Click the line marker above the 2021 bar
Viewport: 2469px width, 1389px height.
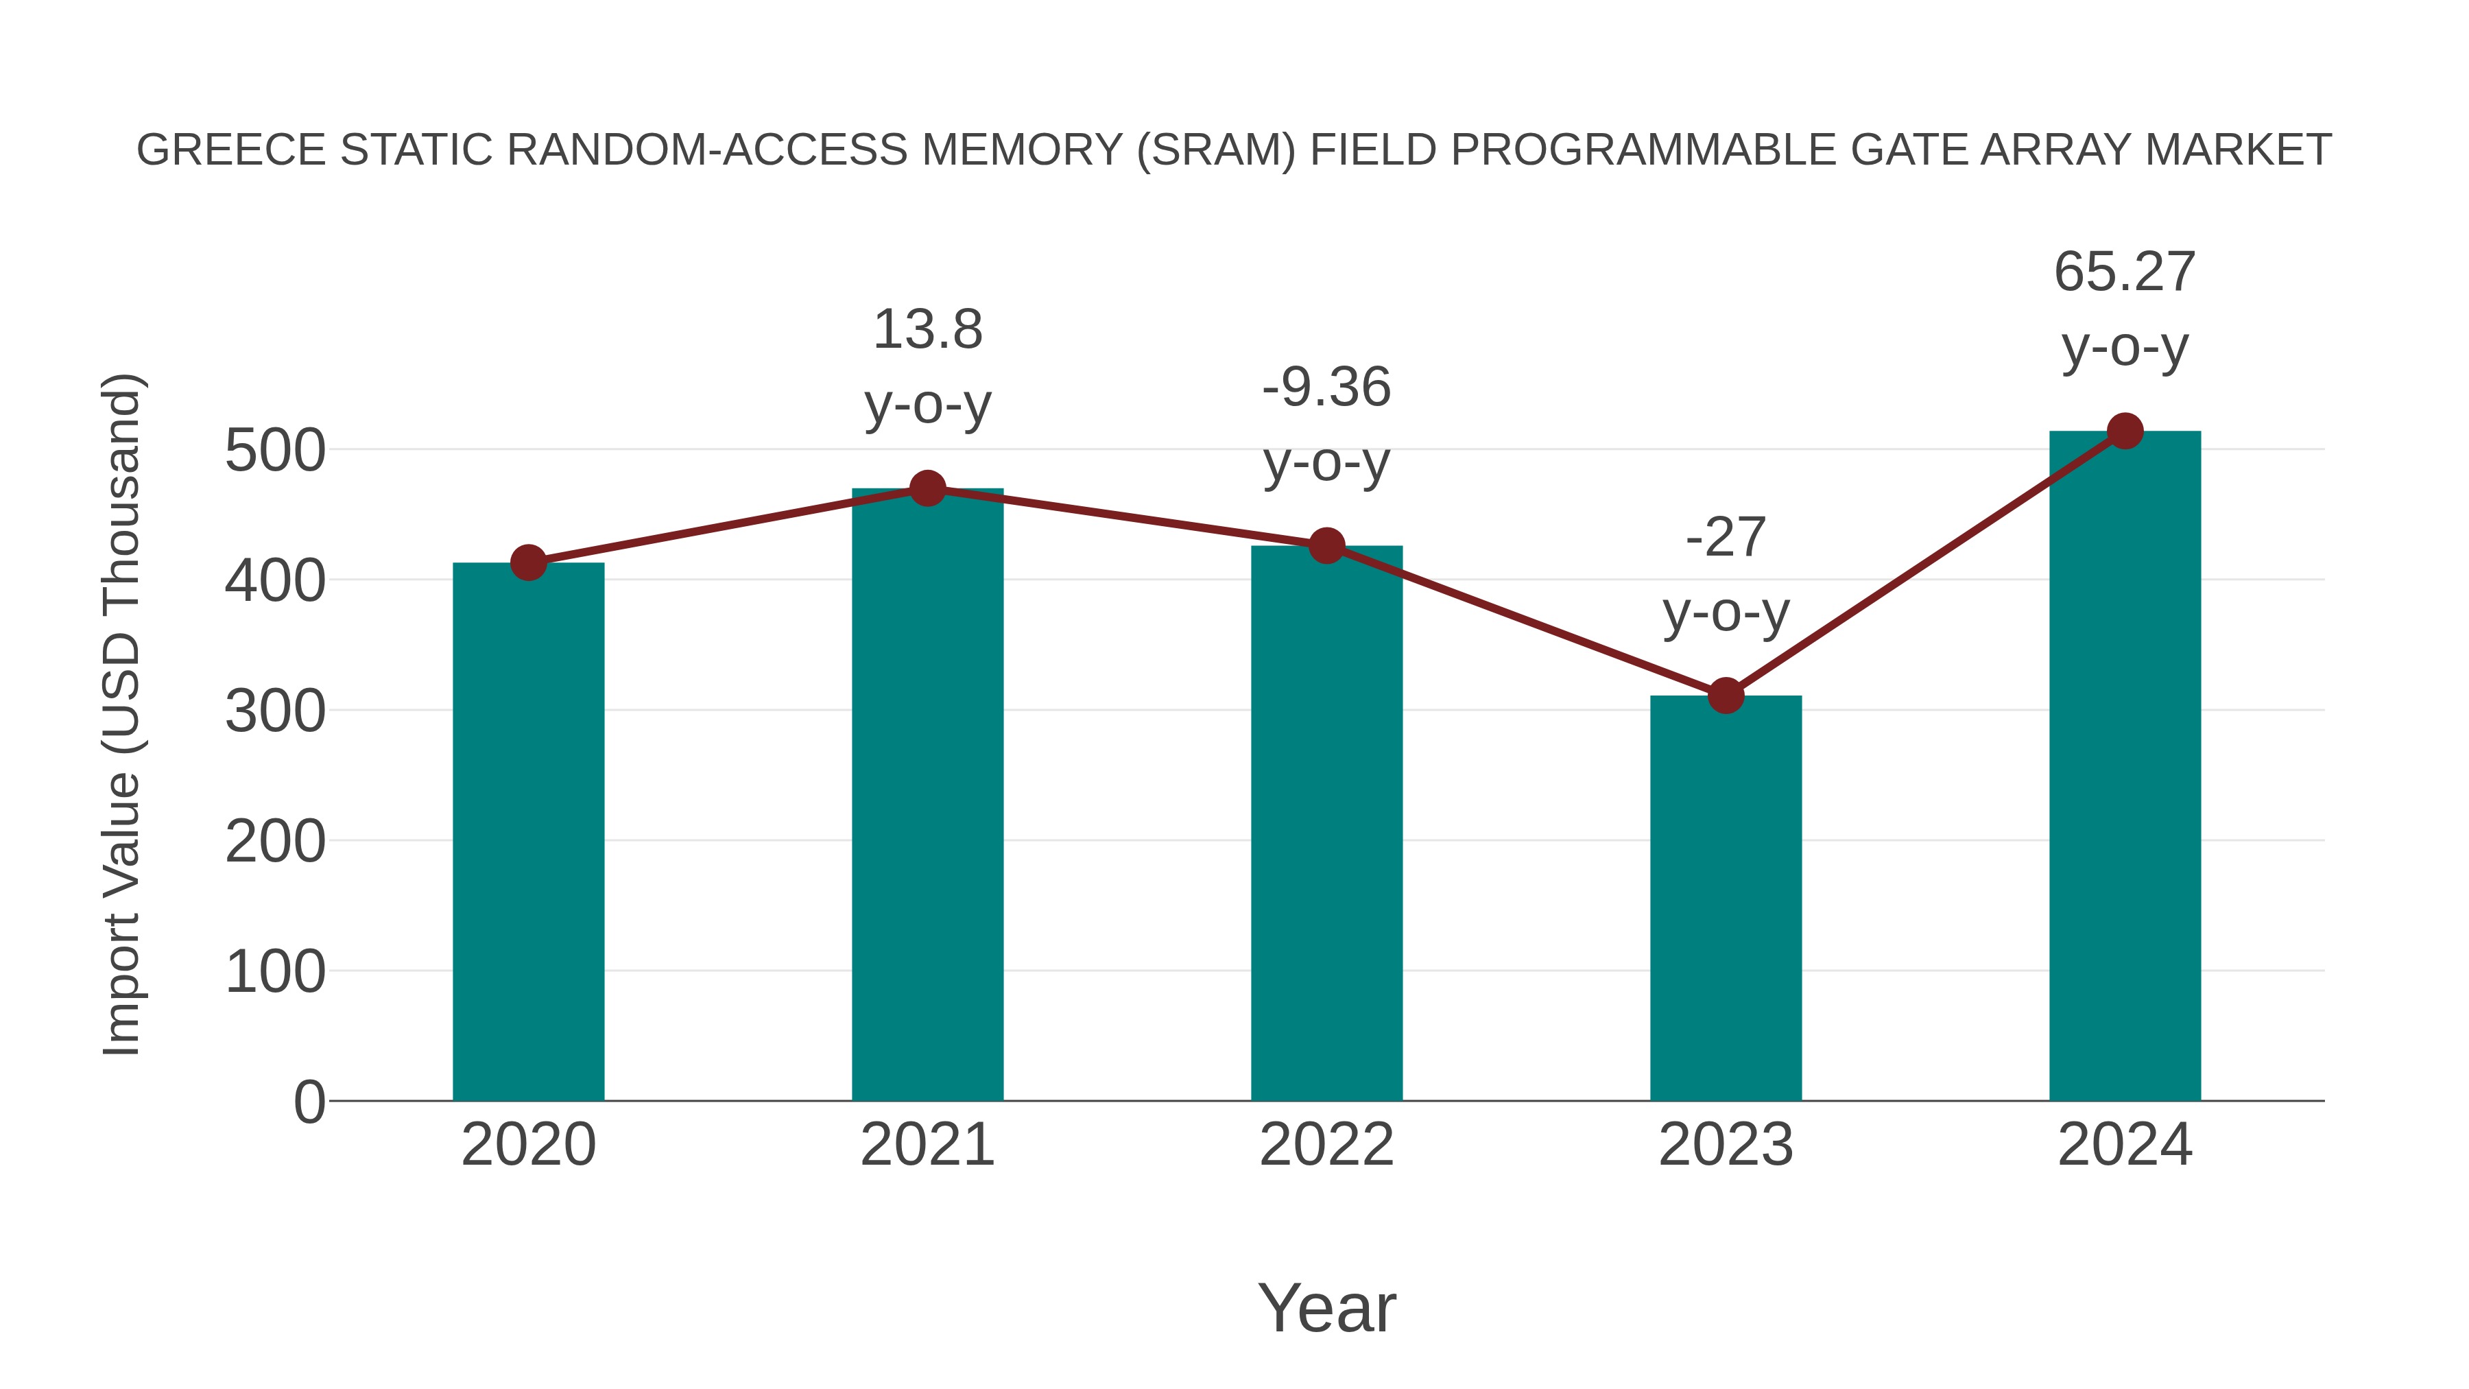[927, 489]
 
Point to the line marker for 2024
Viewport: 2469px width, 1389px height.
[2125, 431]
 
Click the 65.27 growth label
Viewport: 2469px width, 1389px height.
[2124, 272]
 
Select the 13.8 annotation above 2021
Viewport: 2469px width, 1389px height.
[927, 330]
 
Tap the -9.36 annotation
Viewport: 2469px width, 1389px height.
[1326, 388]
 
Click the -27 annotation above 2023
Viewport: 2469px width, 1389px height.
[1726, 537]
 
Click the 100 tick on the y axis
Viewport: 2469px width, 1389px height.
[275, 972]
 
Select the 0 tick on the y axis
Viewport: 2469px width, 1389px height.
[309, 1102]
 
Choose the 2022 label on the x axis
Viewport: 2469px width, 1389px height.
[1326, 1145]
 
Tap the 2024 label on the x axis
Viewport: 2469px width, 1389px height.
[2124, 1145]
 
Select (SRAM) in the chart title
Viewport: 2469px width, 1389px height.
[1215, 150]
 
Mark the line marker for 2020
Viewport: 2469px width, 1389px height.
[528, 562]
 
